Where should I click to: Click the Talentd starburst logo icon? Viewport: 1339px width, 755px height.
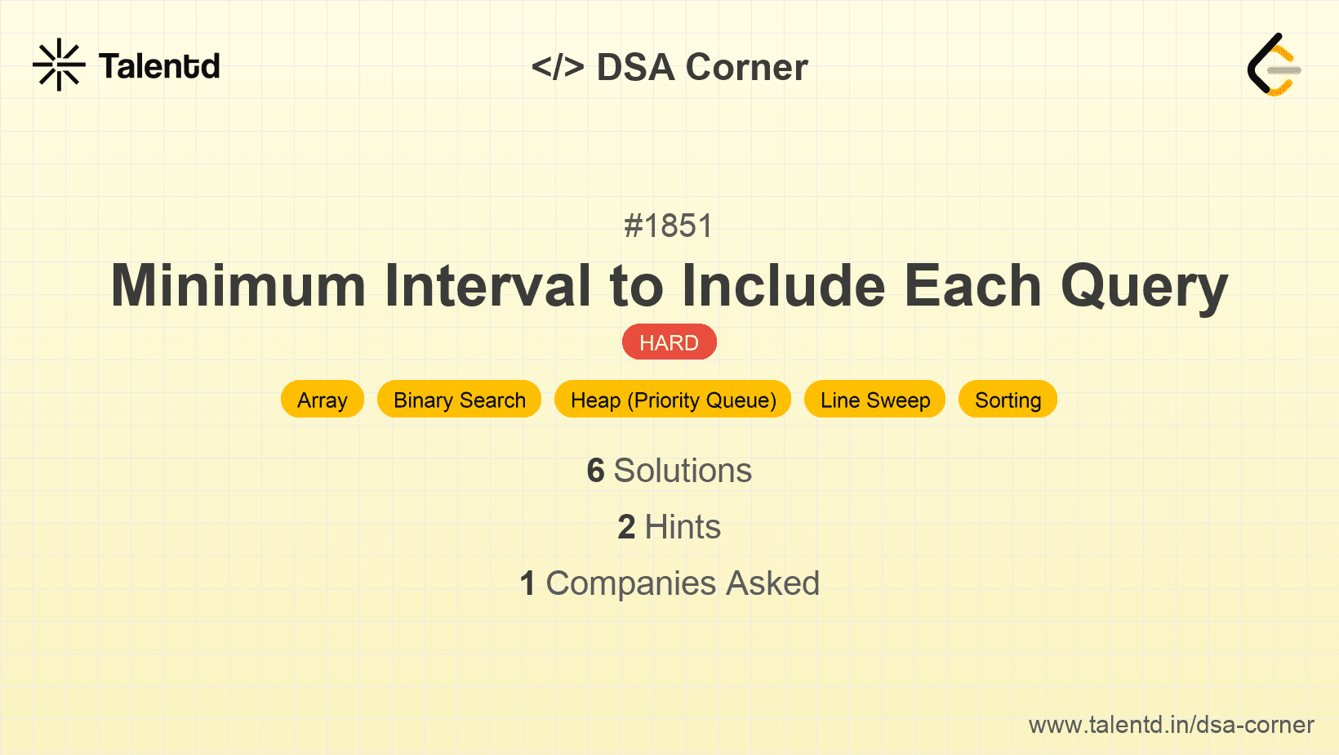(x=59, y=65)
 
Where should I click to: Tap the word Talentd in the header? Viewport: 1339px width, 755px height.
(x=159, y=66)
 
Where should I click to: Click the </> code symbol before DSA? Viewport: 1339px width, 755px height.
(x=558, y=67)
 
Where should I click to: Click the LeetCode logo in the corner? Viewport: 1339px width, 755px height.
(x=1274, y=65)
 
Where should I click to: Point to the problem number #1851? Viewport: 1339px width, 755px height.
(x=669, y=226)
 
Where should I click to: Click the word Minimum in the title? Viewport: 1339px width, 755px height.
(x=238, y=286)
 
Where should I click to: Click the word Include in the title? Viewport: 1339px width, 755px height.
(x=784, y=286)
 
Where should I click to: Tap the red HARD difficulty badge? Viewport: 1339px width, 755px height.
(x=669, y=342)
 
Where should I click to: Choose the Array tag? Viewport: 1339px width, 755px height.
(x=322, y=400)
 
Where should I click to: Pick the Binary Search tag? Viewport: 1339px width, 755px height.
(x=459, y=400)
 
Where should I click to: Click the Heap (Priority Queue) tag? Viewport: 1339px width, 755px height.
(x=673, y=400)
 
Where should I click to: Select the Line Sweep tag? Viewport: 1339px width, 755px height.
(x=874, y=400)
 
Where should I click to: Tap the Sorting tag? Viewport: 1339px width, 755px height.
(x=1008, y=400)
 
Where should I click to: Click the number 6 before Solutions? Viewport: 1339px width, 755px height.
(x=595, y=471)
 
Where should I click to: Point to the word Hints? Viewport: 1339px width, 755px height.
(x=683, y=527)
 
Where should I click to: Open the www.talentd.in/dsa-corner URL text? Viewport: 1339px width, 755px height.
(x=1171, y=725)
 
